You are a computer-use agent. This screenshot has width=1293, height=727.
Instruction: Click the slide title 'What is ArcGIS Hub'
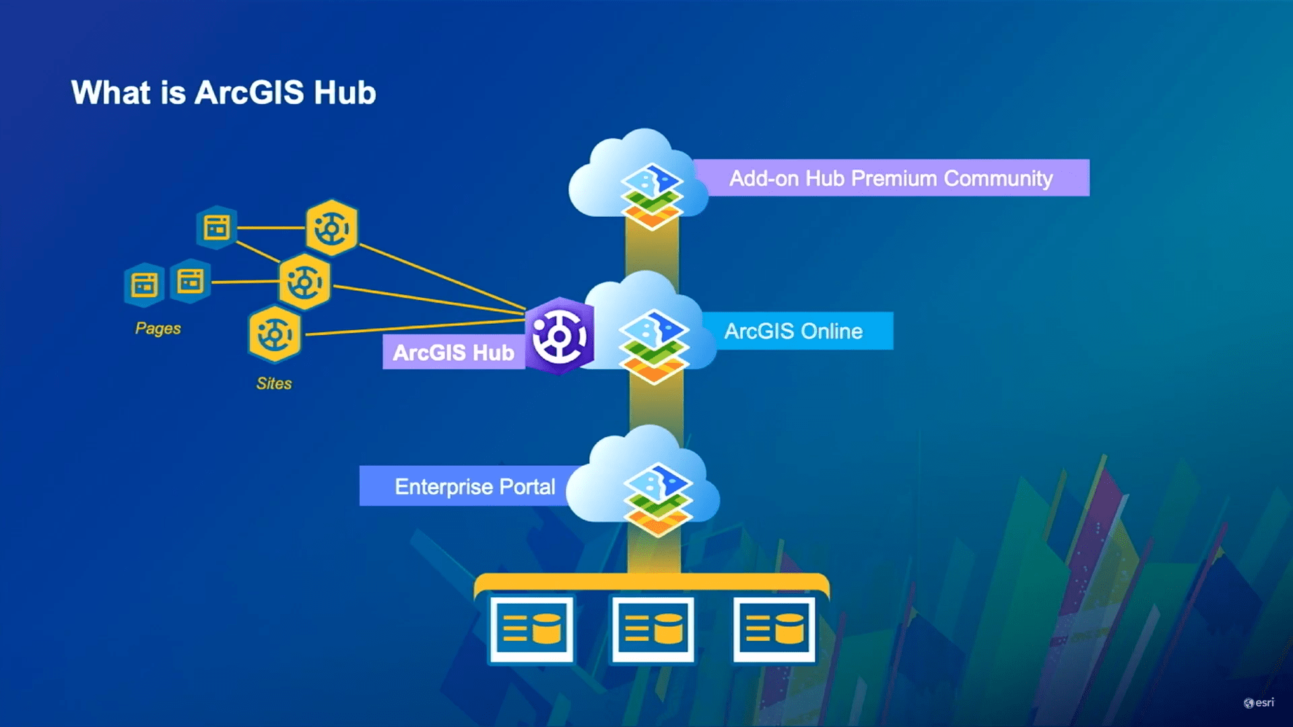pyautogui.click(x=223, y=92)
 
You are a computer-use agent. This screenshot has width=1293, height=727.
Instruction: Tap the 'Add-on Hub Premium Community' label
pyautogui.click(x=890, y=178)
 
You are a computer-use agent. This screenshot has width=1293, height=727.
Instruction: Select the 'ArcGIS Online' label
pyautogui.click(x=793, y=331)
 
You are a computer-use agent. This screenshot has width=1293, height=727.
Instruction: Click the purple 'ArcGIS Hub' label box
pyautogui.click(x=453, y=352)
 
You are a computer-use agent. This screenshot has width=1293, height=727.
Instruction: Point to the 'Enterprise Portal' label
pyautogui.click(x=474, y=486)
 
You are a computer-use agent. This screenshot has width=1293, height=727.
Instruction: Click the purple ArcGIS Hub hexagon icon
pyautogui.click(x=559, y=336)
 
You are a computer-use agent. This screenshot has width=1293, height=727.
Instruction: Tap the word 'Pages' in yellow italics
pyautogui.click(x=158, y=328)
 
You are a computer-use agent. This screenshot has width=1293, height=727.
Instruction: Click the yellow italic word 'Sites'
pyautogui.click(x=273, y=383)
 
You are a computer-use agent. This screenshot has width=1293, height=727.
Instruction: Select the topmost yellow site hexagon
pyautogui.click(x=331, y=228)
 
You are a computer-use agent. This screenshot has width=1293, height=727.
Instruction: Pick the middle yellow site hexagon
pyautogui.click(x=304, y=281)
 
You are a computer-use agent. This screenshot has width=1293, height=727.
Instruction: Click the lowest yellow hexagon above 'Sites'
pyautogui.click(x=274, y=333)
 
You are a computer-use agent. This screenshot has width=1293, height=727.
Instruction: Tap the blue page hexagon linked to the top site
pyautogui.click(x=216, y=228)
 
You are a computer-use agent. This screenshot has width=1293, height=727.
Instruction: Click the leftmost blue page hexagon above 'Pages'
pyautogui.click(x=144, y=284)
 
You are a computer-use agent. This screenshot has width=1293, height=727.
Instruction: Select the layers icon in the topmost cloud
pyautogui.click(x=651, y=196)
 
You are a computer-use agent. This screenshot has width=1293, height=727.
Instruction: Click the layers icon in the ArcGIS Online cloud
pyautogui.click(x=653, y=346)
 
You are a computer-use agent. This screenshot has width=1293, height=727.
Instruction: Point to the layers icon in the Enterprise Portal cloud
pyautogui.click(x=657, y=499)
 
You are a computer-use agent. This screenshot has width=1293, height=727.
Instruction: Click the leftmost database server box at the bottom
pyautogui.click(x=531, y=629)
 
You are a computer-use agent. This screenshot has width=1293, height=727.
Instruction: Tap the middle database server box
pyautogui.click(x=652, y=629)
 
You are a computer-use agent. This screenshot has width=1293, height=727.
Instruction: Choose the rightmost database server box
pyautogui.click(x=774, y=629)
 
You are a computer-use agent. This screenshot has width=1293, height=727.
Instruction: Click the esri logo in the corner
pyautogui.click(x=1258, y=703)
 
